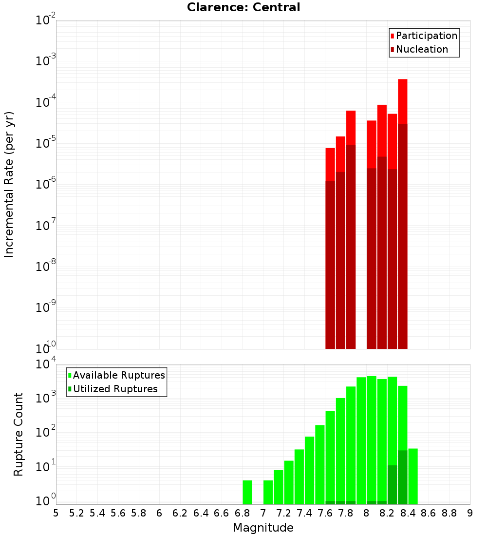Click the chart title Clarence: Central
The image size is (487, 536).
(x=243, y=7)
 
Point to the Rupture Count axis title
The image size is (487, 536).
(x=19, y=434)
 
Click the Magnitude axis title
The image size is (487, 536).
(x=263, y=528)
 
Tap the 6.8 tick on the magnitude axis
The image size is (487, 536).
(x=242, y=513)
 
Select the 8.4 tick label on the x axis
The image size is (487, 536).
(x=408, y=513)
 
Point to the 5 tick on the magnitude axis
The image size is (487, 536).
(x=56, y=513)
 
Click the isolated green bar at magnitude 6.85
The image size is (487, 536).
(x=247, y=492)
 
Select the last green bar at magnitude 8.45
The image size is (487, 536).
(x=413, y=476)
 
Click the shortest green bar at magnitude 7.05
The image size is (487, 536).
(x=268, y=492)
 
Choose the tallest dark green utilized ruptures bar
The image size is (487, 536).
(x=403, y=477)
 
